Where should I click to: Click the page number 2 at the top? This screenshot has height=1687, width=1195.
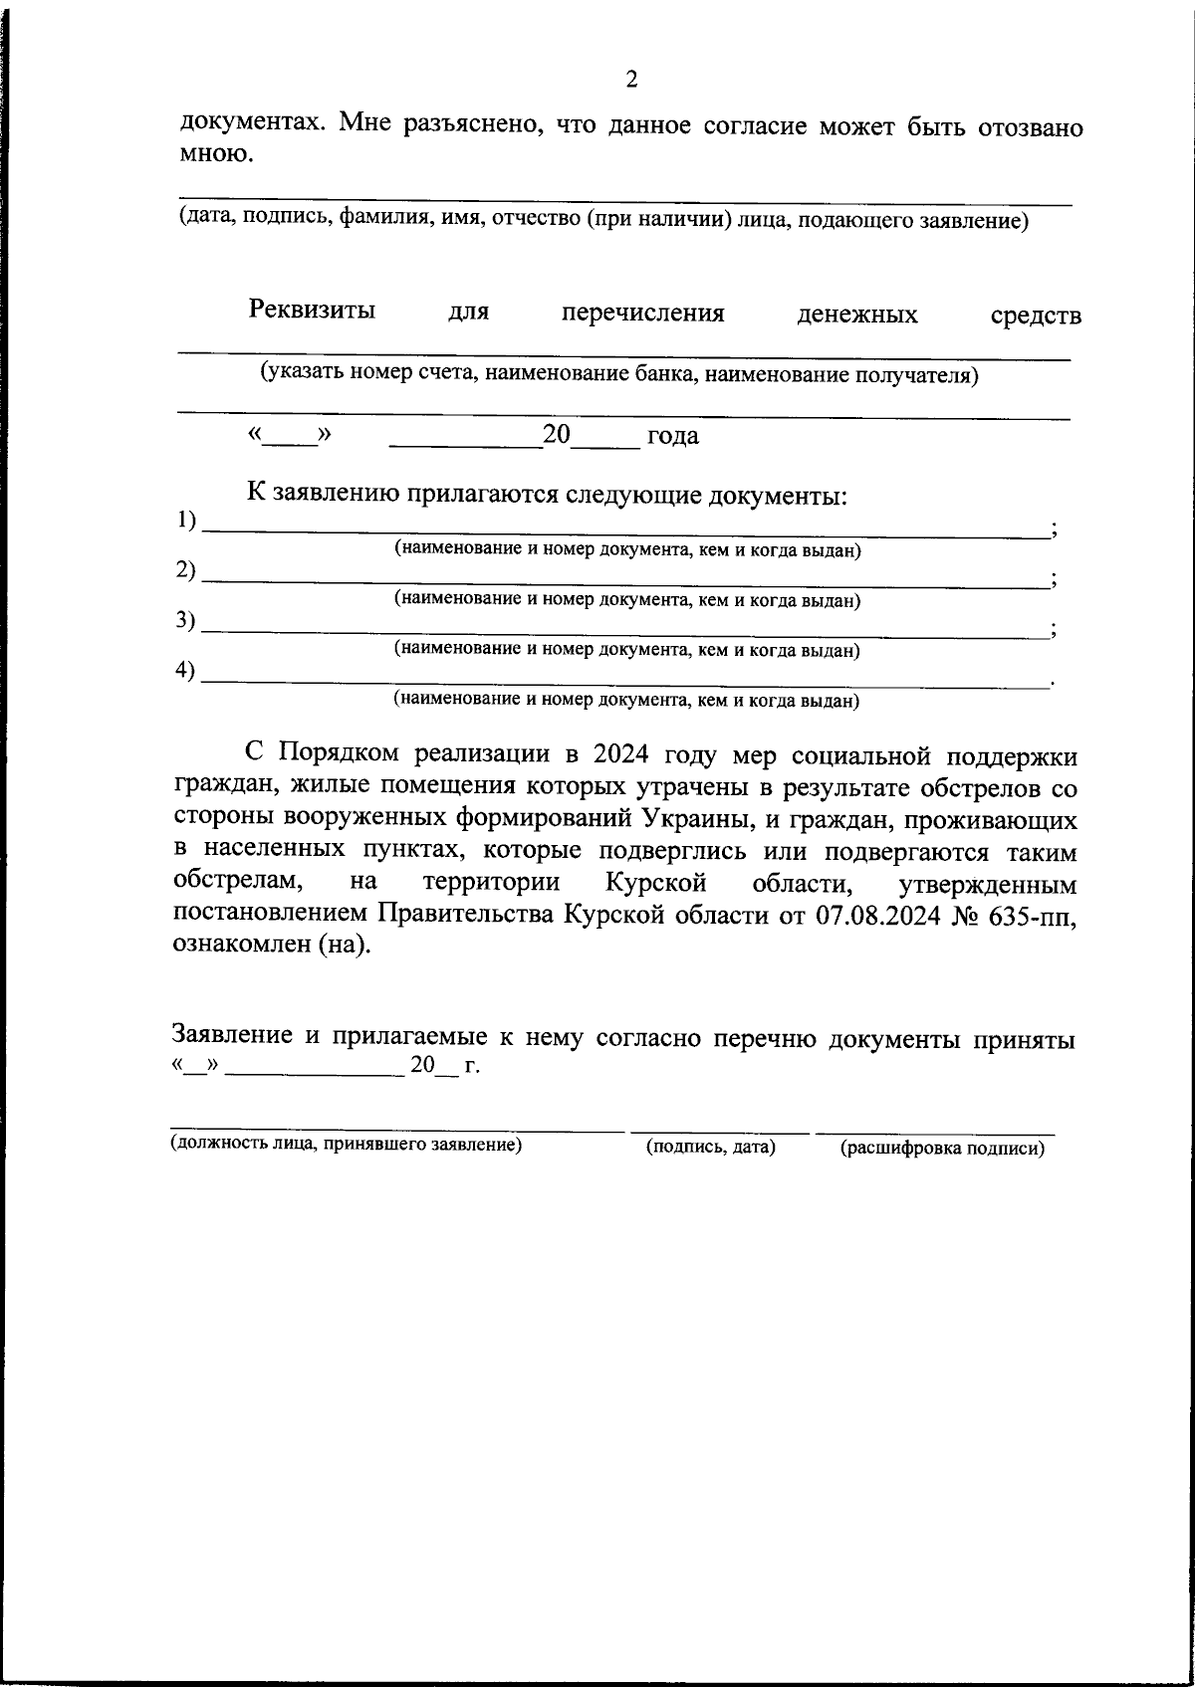630,81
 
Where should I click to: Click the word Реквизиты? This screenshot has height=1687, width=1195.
312,310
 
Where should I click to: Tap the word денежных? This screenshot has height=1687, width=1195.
856,316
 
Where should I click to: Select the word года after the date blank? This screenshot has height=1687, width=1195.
672,436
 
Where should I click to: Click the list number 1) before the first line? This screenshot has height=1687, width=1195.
186,520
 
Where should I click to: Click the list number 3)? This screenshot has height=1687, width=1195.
186,620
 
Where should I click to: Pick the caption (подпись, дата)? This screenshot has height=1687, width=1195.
710,1148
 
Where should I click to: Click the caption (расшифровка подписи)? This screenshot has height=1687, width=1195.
941,1149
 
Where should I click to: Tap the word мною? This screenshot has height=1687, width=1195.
210,153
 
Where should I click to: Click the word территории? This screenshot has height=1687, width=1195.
491,883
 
